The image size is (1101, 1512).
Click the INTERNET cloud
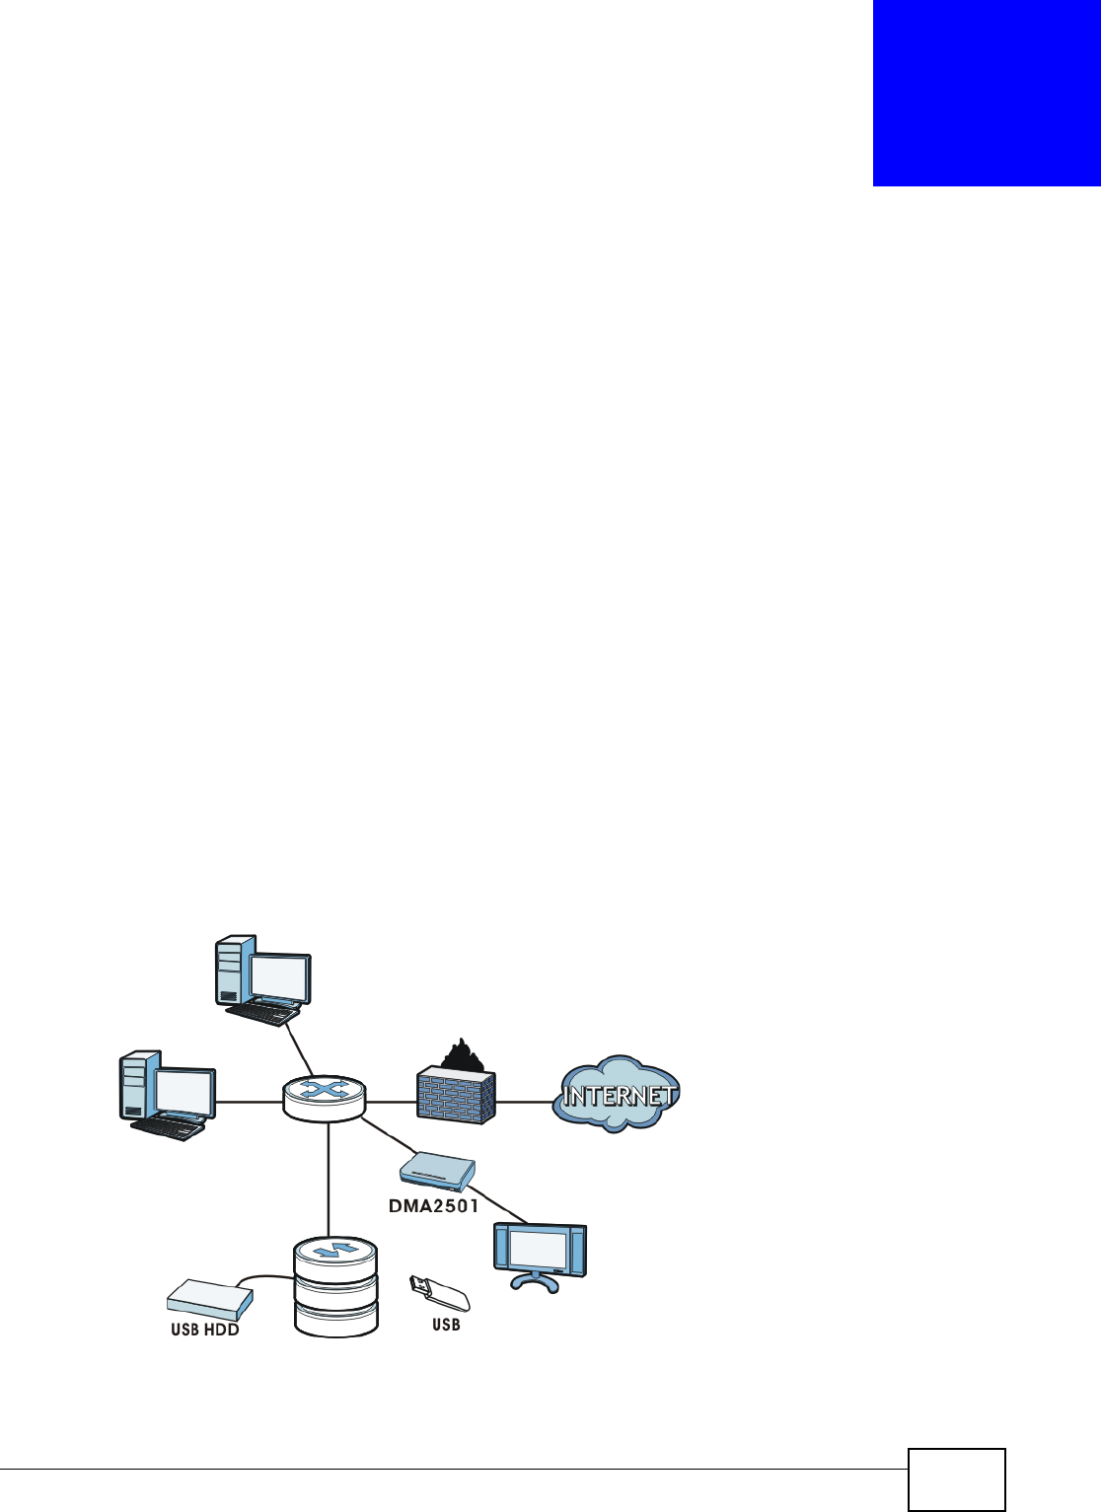point(617,1095)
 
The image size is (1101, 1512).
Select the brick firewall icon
point(454,1092)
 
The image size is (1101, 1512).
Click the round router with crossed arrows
point(324,1097)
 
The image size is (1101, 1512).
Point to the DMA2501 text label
point(433,1206)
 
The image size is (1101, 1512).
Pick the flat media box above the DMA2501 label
point(437,1171)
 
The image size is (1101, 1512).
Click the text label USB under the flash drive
point(446,1325)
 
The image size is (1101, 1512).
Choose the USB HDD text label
point(204,1330)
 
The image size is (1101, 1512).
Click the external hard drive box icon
point(209,1299)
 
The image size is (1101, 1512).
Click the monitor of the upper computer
point(279,976)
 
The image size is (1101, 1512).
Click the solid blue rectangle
point(987,93)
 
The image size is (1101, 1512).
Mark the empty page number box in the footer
point(956,1479)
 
